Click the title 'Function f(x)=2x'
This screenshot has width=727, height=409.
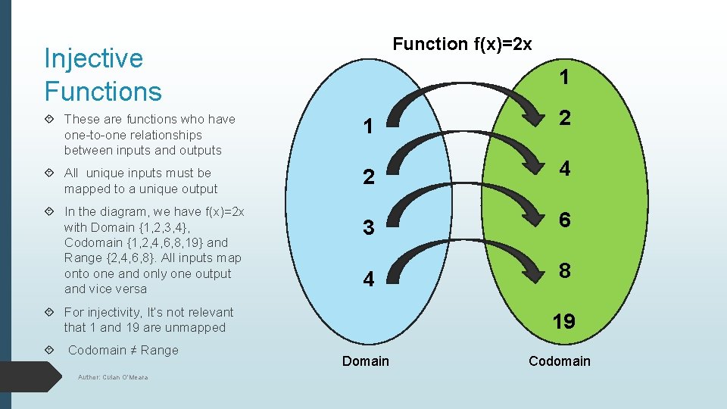click(x=462, y=44)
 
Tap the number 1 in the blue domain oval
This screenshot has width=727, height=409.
click(x=368, y=127)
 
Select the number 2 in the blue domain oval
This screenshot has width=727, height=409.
click(x=368, y=178)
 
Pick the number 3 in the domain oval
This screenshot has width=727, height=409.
click(x=368, y=228)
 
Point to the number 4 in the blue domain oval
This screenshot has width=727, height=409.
click(x=368, y=279)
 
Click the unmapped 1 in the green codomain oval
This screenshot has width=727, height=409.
click(x=564, y=77)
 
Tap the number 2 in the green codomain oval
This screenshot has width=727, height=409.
click(x=564, y=117)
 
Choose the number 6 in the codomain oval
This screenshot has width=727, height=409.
click(x=564, y=219)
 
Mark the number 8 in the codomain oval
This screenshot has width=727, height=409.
click(x=564, y=270)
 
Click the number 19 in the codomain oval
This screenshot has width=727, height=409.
click(x=563, y=322)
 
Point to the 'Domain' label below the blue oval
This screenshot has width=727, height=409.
click(x=365, y=361)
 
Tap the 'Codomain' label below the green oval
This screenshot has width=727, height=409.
click(x=559, y=361)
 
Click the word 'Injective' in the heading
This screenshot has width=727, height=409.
click(x=93, y=58)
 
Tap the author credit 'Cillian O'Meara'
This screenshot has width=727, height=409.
click(x=113, y=377)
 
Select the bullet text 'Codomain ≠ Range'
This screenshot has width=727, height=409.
click(x=123, y=350)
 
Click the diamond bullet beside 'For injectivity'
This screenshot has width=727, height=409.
click(x=49, y=313)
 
